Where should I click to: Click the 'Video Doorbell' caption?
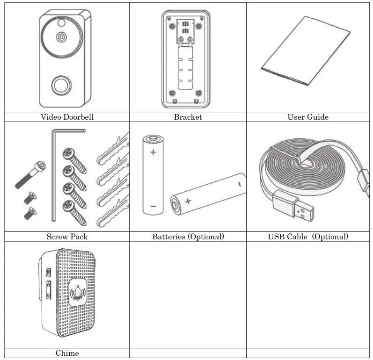pyautogui.click(x=67, y=117)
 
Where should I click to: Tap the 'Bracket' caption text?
pyautogui.click(x=188, y=117)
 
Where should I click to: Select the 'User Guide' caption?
pyautogui.click(x=307, y=117)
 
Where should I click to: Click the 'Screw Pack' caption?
pyautogui.click(x=67, y=237)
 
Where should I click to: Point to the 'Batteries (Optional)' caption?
pyautogui.click(x=188, y=237)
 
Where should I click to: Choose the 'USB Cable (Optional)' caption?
pyautogui.click(x=307, y=237)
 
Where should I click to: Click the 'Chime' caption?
pyautogui.click(x=67, y=353)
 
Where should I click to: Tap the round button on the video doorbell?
pyautogui.click(x=59, y=85)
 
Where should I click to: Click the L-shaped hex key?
pyautogui.click(x=53, y=173)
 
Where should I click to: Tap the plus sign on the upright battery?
pyautogui.click(x=153, y=152)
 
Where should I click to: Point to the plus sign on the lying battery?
pyautogui.click(x=188, y=202)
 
